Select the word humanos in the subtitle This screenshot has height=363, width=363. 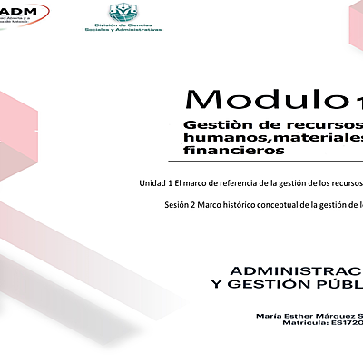click(215, 137)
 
